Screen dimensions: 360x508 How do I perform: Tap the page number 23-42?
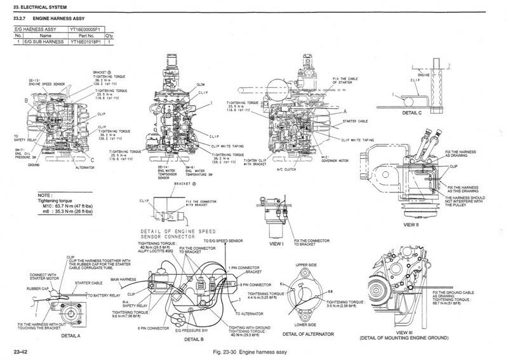(19, 350)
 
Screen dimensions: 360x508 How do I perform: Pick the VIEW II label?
(411, 224)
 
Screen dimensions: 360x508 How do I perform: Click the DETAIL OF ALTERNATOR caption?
(307, 333)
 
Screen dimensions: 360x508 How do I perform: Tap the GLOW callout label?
(200, 84)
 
